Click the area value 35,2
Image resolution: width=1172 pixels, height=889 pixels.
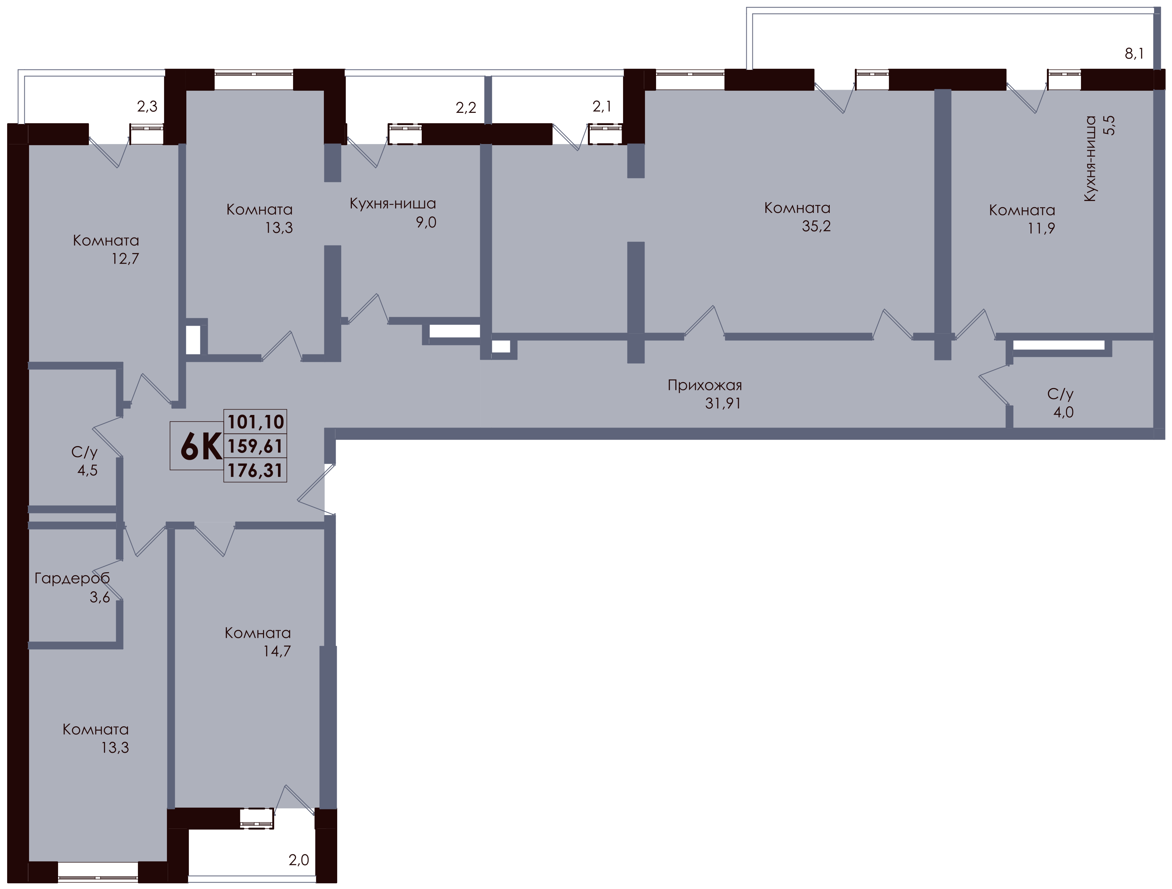pos(816,226)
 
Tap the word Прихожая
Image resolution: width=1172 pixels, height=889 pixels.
pos(705,385)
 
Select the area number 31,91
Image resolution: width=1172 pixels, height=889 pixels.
pos(723,403)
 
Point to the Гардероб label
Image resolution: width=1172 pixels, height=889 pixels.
pos(72,578)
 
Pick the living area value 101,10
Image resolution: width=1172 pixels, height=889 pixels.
pos(256,422)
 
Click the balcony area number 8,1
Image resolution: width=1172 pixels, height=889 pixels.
pos(1134,53)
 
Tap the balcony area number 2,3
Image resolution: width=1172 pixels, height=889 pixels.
pos(147,106)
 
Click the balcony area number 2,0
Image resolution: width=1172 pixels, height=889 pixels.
pos(299,860)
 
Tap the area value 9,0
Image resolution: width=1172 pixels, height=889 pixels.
pos(426,223)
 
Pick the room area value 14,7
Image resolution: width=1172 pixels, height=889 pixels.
pos(277,651)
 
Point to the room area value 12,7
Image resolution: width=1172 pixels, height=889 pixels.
pos(125,259)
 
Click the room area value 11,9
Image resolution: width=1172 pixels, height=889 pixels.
pos(1041,228)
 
